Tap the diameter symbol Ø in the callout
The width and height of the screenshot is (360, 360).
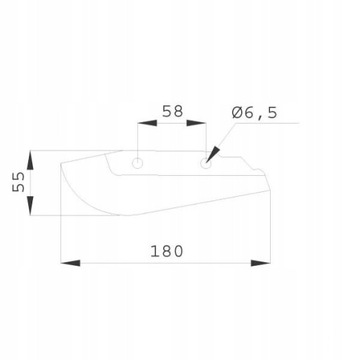pyautogui.click(x=238, y=113)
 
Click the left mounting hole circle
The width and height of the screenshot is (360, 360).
pyautogui.click(x=136, y=159)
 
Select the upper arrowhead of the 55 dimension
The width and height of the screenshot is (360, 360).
pyautogui.click(x=37, y=156)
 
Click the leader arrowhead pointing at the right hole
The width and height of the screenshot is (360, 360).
pyautogui.click(x=212, y=153)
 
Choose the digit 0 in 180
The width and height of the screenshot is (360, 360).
pyautogui.click(x=180, y=251)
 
